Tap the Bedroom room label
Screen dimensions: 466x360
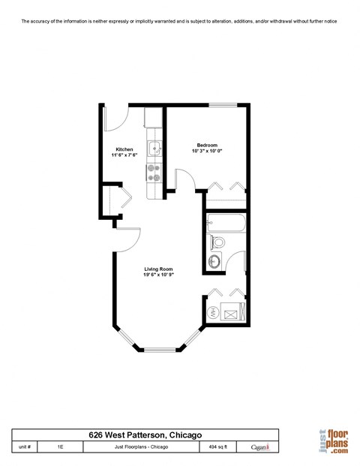(x=207, y=145)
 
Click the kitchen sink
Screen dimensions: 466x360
(x=154, y=148)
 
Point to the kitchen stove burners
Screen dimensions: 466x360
(x=154, y=173)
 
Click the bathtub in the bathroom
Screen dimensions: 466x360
(x=226, y=223)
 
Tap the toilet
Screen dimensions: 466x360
(x=217, y=242)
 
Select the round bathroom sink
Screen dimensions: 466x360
(x=214, y=260)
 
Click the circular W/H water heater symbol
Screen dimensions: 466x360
(x=212, y=312)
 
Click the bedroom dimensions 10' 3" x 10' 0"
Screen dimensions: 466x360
(x=207, y=152)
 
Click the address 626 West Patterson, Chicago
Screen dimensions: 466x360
(x=144, y=434)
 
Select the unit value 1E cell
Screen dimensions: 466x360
(x=60, y=446)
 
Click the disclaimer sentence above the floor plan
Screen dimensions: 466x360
(x=179, y=22)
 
